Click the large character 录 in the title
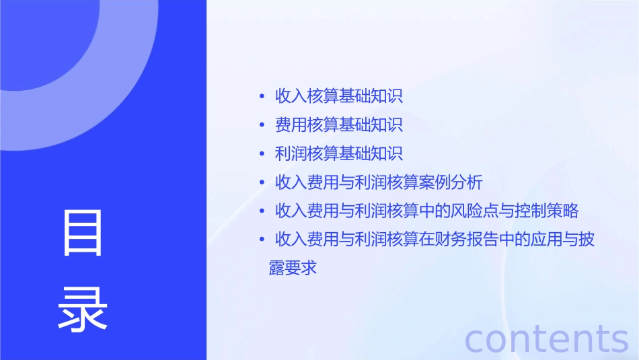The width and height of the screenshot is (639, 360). pyautogui.click(x=83, y=308)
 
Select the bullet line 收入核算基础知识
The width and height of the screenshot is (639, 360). pyautogui.click(x=339, y=96)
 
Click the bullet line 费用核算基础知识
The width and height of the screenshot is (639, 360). pyautogui.click(x=339, y=124)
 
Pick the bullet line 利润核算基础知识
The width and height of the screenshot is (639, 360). pyautogui.click(x=339, y=153)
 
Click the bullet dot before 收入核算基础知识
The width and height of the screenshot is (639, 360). pyautogui.click(x=262, y=96)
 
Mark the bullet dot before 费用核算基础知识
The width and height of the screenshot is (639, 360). pyautogui.click(x=262, y=125)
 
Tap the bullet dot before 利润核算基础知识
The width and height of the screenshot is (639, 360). pyautogui.click(x=262, y=154)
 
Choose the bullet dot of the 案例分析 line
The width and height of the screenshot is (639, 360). pyautogui.click(x=262, y=183)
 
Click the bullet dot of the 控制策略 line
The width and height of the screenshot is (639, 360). pyautogui.click(x=262, y=211)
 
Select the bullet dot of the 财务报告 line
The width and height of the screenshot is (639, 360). pyautogui.click(x=262, y=240)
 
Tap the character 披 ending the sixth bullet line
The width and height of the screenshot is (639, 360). pyautogui.click(x=587, y=240)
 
